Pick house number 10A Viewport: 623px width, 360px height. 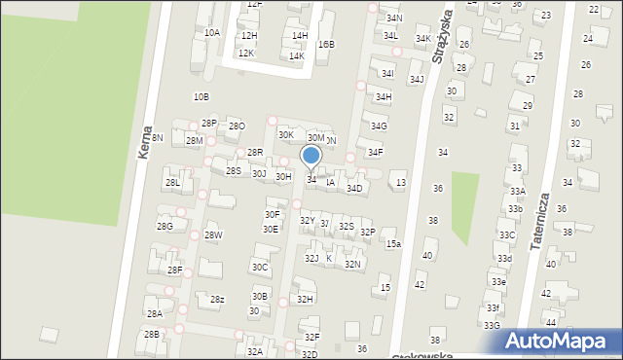pyautogui.click(x=211, y=32)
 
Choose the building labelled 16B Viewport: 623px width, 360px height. pyautogui.click(x=326, y=44)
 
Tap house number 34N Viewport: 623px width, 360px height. pyautogui.click(x=393, y=18)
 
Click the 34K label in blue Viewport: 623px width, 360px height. pyautogui.click(x=422, y=39)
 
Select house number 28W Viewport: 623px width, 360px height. pyautogui.click(x=213, y=235)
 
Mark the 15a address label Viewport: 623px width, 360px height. pyautogui.click(x=392, y=244)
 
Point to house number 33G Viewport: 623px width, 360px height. pyautogui.click(x=492, y=326)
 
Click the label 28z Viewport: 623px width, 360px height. pyautogui.click(x=217, y=300)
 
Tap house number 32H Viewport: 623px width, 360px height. pyautogui.click(x=305, y=300)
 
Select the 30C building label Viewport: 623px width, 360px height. pyautogui.click(x=260, y=267)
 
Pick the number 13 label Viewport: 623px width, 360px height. pyautogui.click(x=400, y=183)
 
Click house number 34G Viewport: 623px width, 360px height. pyautogui.click(x=379, y=126)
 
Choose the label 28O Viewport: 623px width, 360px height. pyautogui.click(x=237, y=126)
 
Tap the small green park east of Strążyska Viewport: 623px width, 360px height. pyautogui.click(x=465, y=195)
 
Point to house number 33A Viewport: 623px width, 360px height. pyautogui.click(x=517, y=193)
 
